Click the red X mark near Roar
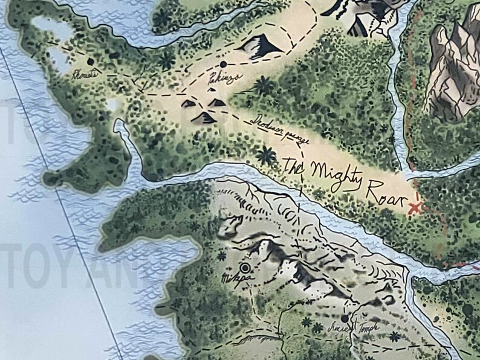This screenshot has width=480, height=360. point(415,208)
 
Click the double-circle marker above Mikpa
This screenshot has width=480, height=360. point(246,268)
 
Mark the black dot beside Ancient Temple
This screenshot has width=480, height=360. point(345,318)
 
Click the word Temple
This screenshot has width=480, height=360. point(369,327)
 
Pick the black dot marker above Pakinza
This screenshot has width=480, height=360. point(224,63)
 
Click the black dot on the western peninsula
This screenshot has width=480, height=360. point(91,61)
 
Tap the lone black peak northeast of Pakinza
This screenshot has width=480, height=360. point(259,47)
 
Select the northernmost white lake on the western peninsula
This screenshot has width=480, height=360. point(45,24)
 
